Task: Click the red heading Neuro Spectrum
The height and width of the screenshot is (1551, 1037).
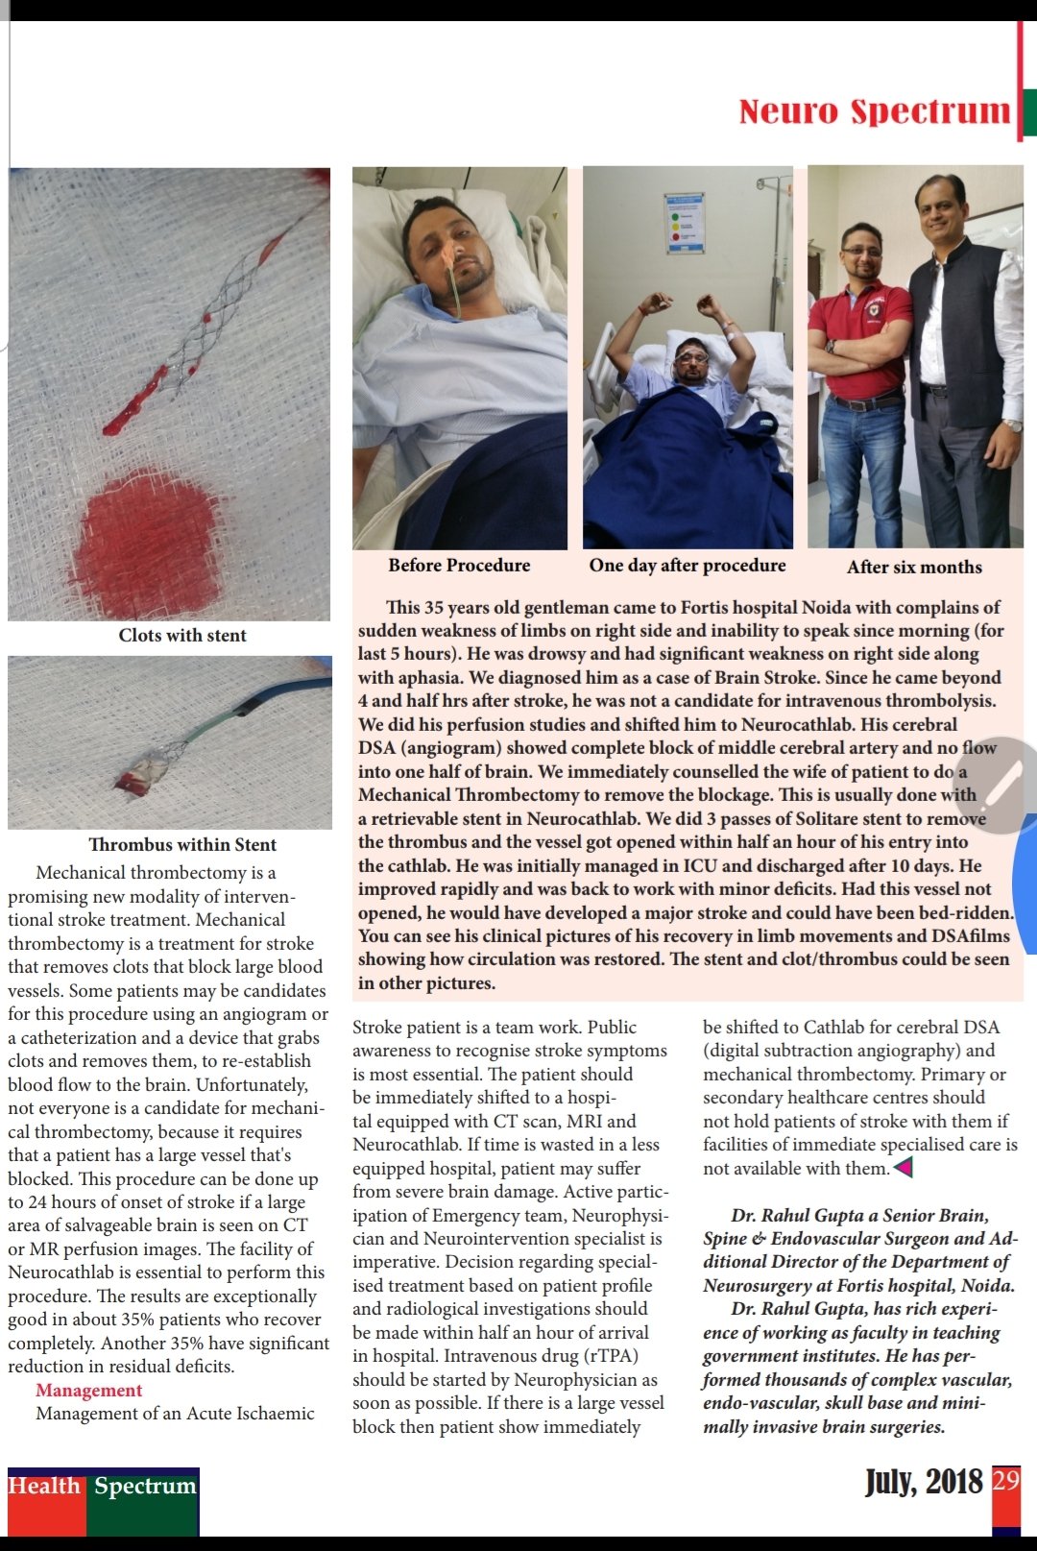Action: (x=874, y=111)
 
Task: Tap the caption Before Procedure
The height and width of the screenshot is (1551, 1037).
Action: (x=459, y=566)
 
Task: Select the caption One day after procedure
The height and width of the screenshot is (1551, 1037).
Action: (x=687, y=566)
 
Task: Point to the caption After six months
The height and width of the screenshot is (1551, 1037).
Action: (x=914, y=568)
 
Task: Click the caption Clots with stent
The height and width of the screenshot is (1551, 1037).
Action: (x=182, y=636)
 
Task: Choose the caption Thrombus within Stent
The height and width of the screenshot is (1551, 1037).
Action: (x=182, y=845)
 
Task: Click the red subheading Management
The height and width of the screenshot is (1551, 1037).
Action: (x=88, y=1391)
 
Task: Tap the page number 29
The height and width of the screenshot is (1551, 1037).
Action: (x=1005, y=1480)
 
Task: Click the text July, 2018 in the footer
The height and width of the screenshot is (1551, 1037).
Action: (x=924, y=1483)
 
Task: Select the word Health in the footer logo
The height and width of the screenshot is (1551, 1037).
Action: (x=44, y=1487)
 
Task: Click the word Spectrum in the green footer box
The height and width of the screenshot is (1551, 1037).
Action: (x=145, y=1487)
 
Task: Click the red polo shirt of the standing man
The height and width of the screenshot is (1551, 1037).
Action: (x=859, y=346)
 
